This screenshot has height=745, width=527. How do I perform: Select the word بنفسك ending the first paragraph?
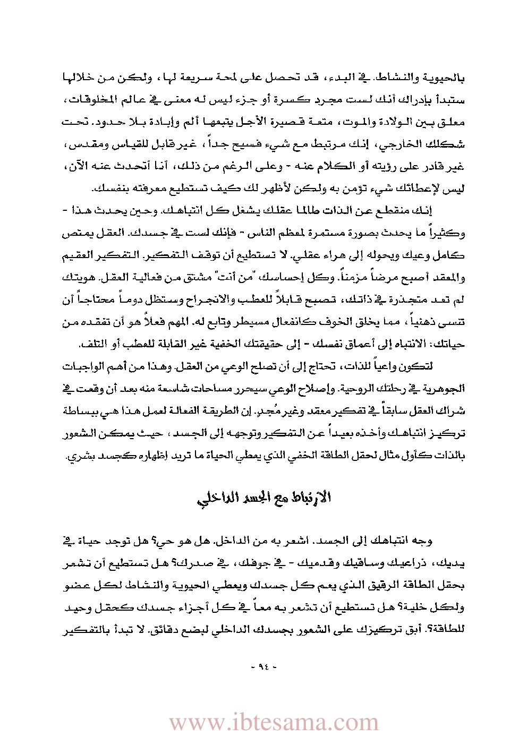105,189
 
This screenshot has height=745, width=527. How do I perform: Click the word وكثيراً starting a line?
450,233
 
